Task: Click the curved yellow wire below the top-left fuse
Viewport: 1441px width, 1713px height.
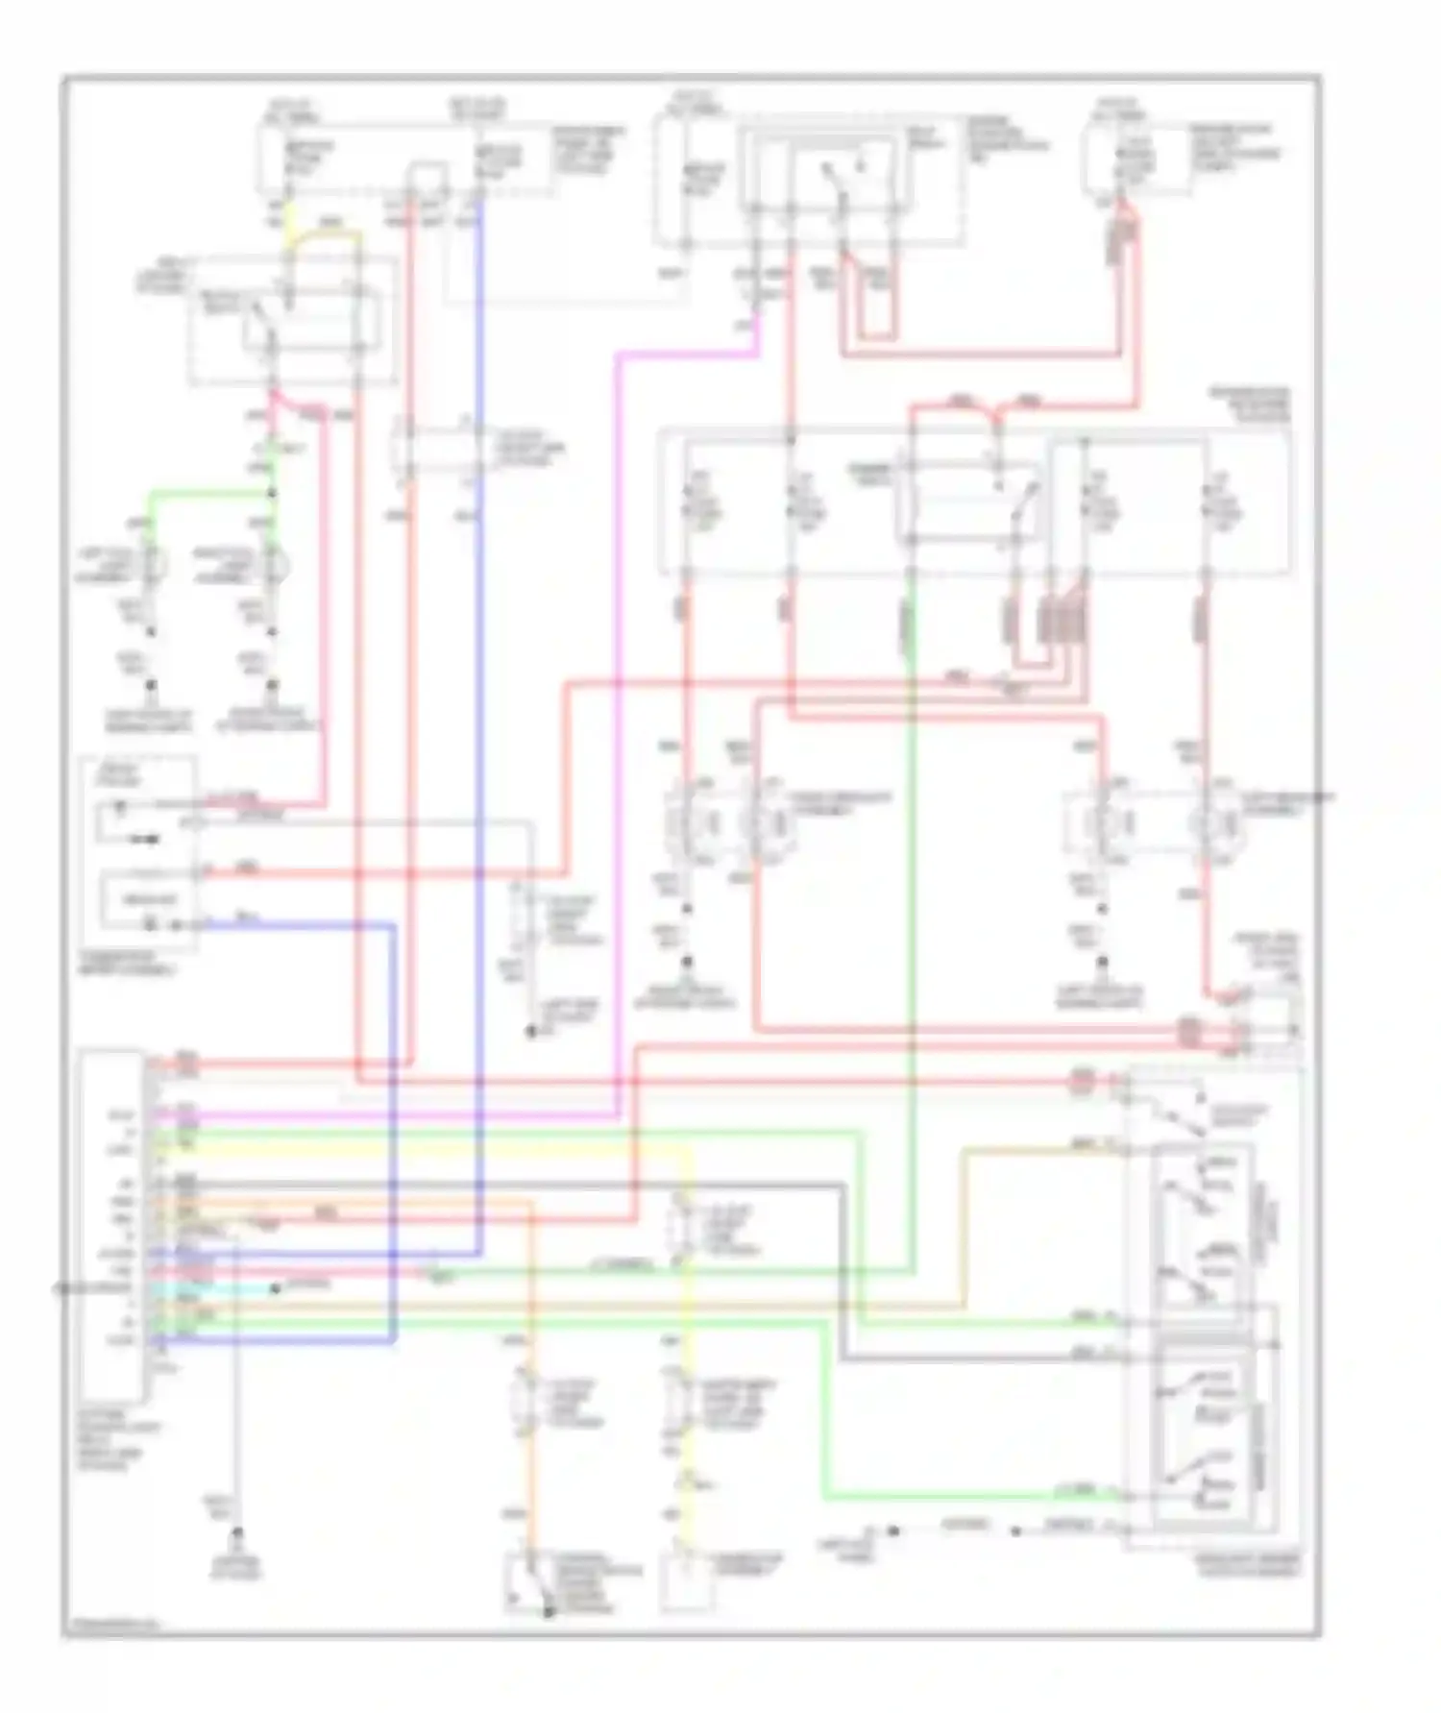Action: coord(327,233)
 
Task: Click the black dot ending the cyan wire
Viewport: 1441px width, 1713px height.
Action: coord(275,1288)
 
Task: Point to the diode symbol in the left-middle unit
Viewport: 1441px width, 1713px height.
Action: coord(144,839)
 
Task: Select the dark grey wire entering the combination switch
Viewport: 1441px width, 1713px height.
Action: coord(961,1358)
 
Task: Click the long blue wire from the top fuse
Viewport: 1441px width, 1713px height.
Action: coord(479,673)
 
